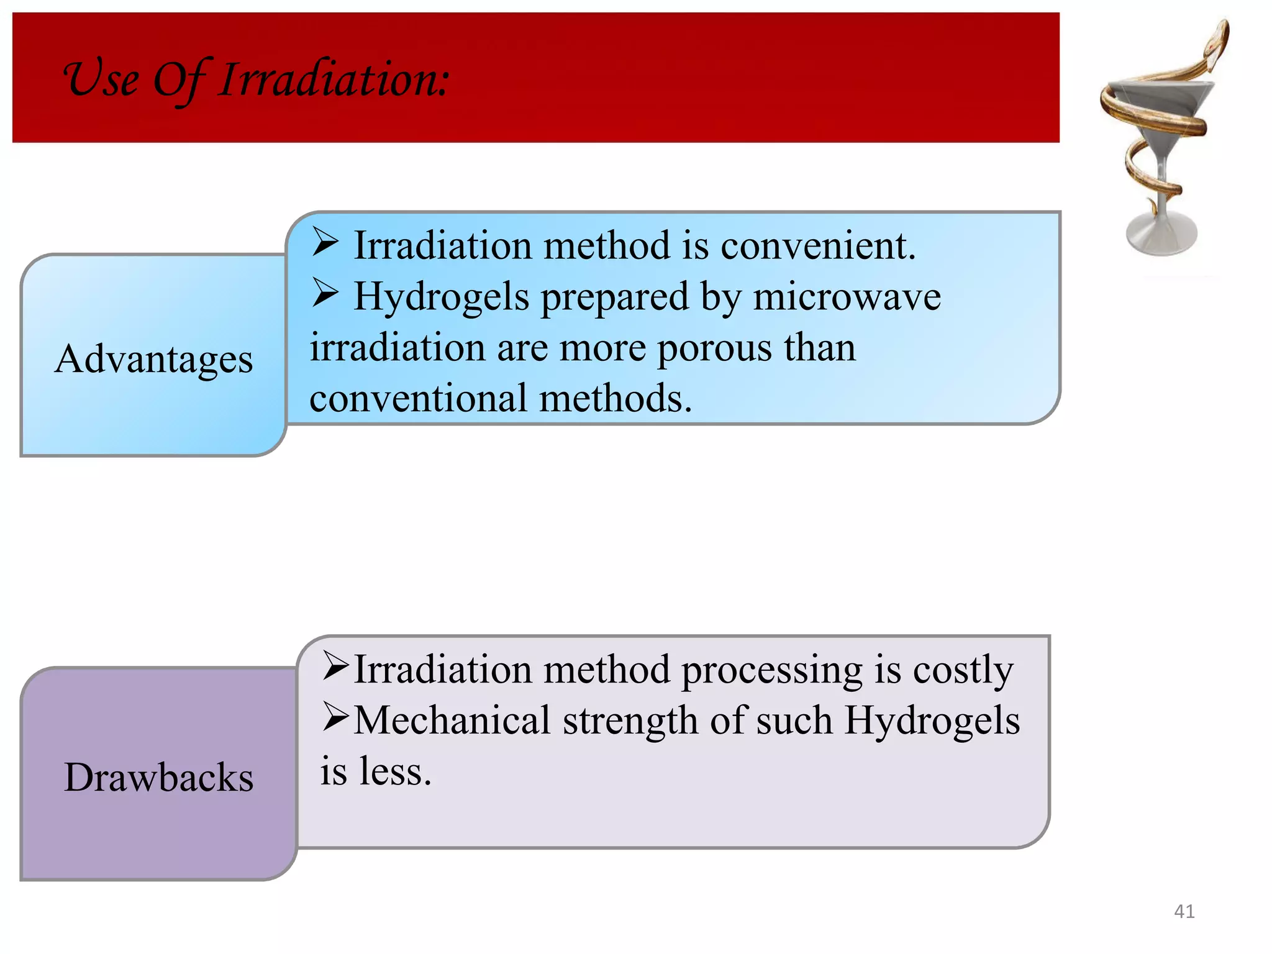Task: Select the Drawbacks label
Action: (159, 777)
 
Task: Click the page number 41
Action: (1184, 911)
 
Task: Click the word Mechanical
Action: (452, 720)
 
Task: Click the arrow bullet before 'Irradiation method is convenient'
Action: (325, 242)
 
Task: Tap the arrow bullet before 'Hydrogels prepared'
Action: (325, 293)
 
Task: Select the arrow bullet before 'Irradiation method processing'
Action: (336, 667)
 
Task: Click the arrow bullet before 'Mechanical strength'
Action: (336, 718)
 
